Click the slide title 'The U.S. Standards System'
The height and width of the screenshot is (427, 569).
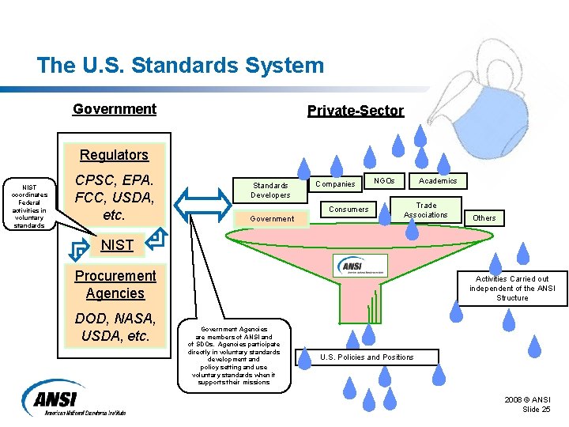pos(180,65)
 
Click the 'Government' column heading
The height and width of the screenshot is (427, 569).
pos(115,109)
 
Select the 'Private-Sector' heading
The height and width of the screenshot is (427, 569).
pos(355,111)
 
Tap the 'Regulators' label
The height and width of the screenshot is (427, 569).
pos(114,155)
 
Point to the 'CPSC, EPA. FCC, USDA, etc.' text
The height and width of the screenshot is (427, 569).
pos(114,197)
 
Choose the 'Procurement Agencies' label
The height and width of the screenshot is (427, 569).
pos(115,285)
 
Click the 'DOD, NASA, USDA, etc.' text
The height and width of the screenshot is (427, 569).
pos(115,327)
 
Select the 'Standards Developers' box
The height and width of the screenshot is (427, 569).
pos(270,190)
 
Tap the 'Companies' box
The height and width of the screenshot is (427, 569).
pos(335,184)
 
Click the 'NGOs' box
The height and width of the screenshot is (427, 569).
pos(385,181)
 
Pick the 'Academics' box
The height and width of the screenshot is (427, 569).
pos(438,181)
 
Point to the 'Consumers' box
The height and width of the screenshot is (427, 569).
pos(349,210)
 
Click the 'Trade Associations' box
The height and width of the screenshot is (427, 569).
pos(426,210)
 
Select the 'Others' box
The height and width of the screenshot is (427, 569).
pos(484,217)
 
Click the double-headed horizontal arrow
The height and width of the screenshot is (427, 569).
pos(204,207)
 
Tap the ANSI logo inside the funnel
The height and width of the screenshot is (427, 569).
pos(360,266)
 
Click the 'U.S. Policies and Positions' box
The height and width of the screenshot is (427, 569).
pos(367,357)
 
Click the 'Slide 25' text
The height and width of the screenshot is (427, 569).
pos(537,409)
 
